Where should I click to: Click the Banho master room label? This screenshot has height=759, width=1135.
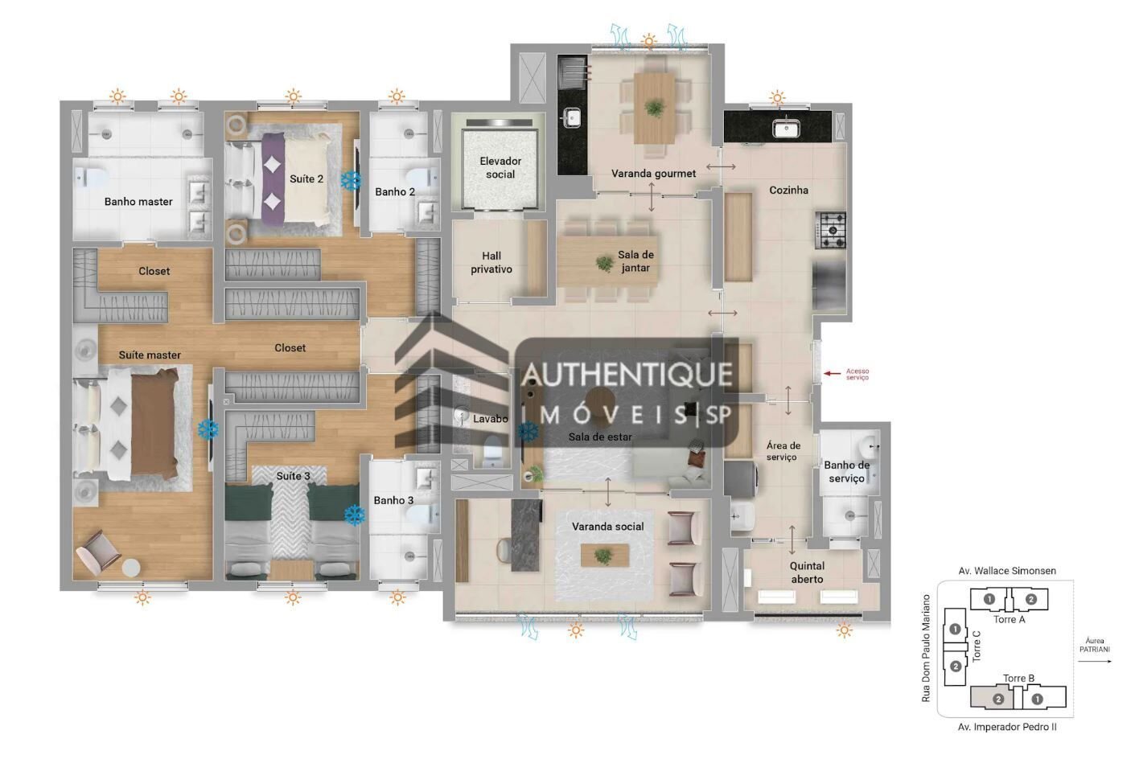(138, 202)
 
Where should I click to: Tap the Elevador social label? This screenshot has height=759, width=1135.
(500, 168)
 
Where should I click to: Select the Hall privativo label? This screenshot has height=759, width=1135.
(491, 263)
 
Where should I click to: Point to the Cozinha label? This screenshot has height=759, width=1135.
(788, 191)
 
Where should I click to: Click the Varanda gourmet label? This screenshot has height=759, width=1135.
(653, 174)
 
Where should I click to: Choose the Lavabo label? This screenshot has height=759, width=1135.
(490, 419)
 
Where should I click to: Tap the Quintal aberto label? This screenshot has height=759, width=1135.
(807, 572)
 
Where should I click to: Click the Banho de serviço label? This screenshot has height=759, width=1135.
(846, 472)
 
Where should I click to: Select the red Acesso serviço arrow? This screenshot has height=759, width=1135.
(833, 373)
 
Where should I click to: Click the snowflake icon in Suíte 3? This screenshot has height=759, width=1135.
(354, 515)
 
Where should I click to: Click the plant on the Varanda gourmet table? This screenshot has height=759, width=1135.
(654, 109)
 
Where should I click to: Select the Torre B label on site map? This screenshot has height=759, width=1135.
(1018, 678)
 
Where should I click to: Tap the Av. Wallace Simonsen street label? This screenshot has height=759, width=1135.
(1006, 571)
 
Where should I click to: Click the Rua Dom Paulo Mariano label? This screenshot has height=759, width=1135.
(926, 648)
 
